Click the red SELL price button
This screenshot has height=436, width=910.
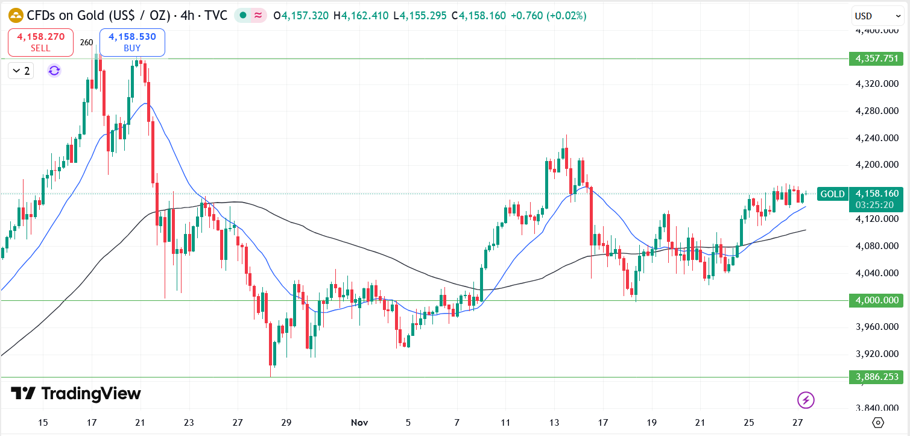tap(41, 42)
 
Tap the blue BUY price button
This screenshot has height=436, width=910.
tap(132, 42)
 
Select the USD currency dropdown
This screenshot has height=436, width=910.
tap(877, 16)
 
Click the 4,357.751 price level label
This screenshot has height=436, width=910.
tap(876, 58)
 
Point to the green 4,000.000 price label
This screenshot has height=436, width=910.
tap(876, 300)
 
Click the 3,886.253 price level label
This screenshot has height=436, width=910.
tap(876, 377)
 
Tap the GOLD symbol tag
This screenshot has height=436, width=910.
tap(832, 194)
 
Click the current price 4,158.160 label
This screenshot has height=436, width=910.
tap(876, 194)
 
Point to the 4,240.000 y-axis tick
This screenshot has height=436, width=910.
tap(876, 137)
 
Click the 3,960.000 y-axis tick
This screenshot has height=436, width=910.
tap(876, 327)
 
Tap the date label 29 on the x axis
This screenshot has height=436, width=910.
tap(286, 422)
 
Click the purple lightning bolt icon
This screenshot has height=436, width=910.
tap(806, 399)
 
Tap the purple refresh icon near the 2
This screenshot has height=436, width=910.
tap(54, 71)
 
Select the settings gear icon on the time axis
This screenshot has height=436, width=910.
tap(878, 422)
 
